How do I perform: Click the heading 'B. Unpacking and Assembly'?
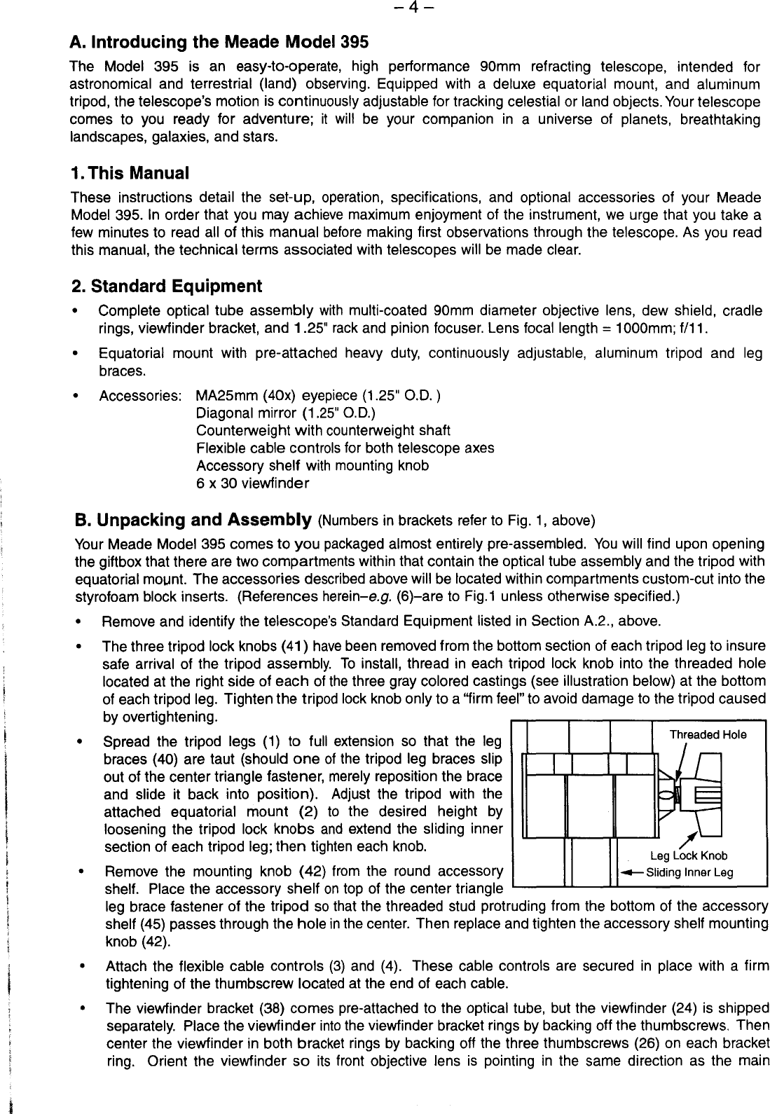click(x=193, y=521)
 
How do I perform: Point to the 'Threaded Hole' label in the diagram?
click(x=708, y=734)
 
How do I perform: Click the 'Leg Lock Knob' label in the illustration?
click(x=689, y=855)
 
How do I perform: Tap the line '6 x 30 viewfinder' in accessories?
click(x=252, y=483)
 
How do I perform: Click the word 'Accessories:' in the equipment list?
click(x=142, y=395)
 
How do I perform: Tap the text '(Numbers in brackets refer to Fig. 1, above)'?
click(x=456, y=522)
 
